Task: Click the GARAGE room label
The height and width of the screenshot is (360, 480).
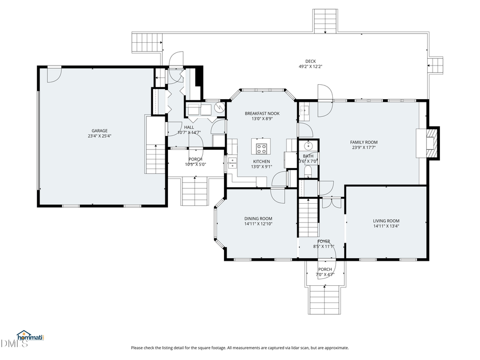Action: click(x=100, y=131)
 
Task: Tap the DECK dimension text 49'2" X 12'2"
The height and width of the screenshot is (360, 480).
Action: click(x=310, y=67)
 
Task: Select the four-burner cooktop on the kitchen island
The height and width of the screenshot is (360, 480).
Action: click(x=261, y=147)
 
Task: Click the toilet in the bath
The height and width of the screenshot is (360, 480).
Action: click(x=308, y=171)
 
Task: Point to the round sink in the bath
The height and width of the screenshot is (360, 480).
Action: click(x=308, y=146)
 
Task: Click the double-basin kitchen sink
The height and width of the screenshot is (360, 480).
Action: click(x=232, y=163)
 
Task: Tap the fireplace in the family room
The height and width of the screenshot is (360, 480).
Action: click(x=431, y=142)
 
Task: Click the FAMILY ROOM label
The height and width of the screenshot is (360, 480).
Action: click(x=364, y=142)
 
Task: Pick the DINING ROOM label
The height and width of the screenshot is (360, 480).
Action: click(x=258, y=219)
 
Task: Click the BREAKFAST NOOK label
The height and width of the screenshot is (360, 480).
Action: click(x=262, y=113)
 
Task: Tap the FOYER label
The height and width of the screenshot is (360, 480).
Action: click(x=324, y=241)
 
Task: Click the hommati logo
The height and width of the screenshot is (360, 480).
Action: click(x=30, y=337)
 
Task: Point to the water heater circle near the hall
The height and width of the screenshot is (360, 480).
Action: click(x=219, y=109)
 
